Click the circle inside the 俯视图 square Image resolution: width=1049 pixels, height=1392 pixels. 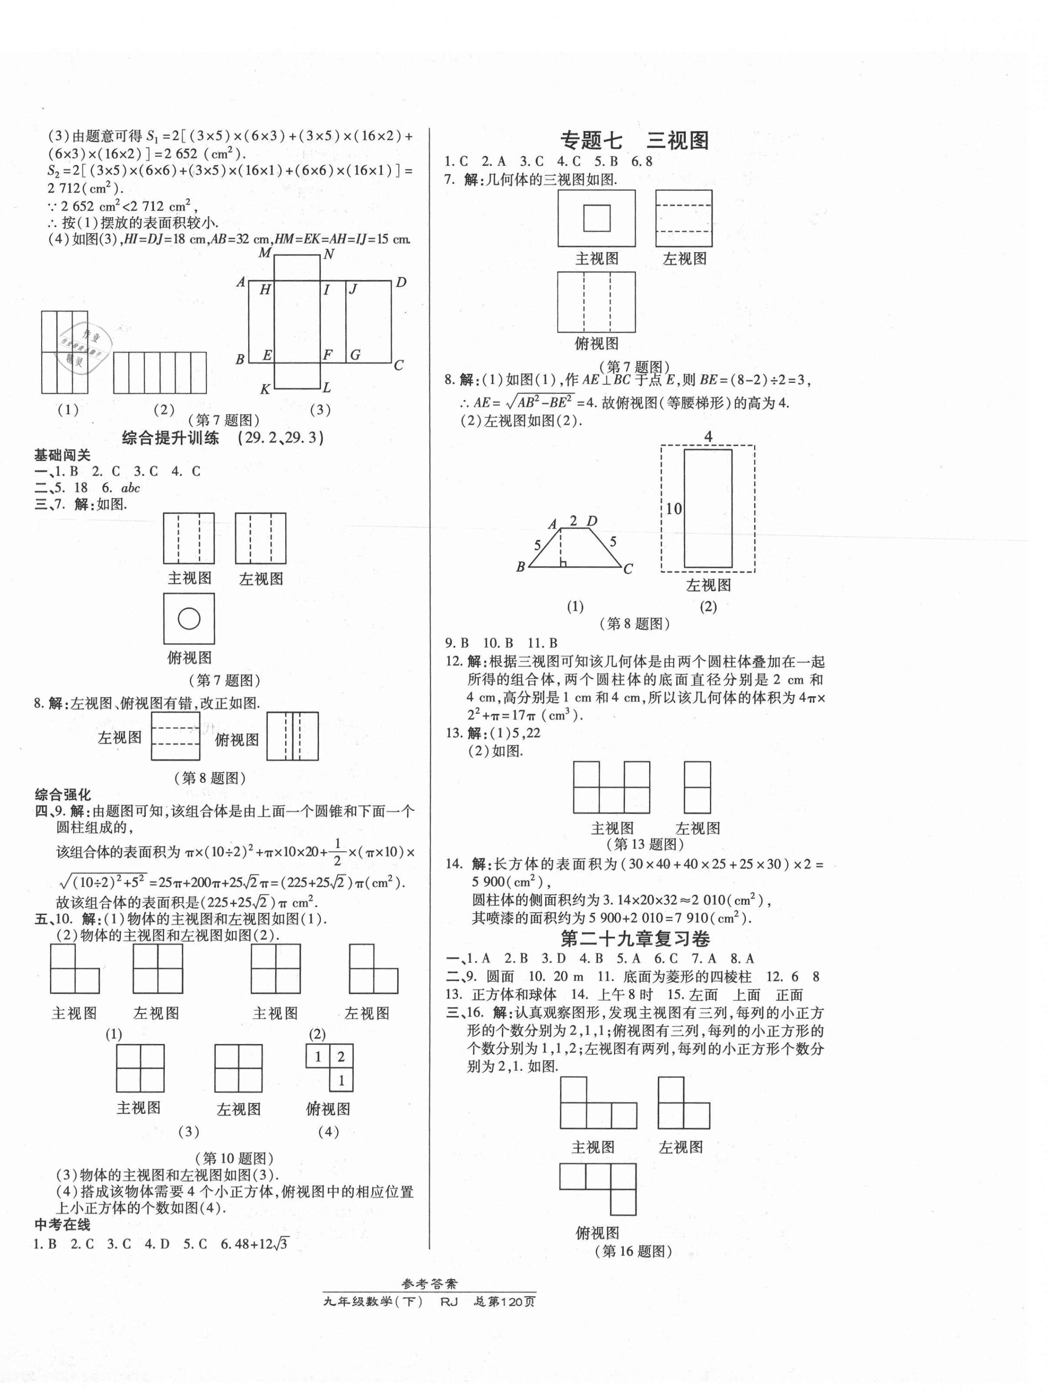click(189, 619)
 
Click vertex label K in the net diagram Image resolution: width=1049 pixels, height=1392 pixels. click(265, 390)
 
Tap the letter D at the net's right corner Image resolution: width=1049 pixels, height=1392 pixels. click(401, 283)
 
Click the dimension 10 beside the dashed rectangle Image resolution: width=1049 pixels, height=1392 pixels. click(674, 508)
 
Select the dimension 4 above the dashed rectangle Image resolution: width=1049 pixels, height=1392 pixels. click(708, 436)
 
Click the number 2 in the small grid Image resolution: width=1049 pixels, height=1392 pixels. click(341, 1056)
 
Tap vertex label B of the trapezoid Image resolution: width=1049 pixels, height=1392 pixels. click(521, 567)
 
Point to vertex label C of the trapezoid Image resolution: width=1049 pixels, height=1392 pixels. click(628, 569)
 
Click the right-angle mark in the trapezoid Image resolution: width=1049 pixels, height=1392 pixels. click(563, 563)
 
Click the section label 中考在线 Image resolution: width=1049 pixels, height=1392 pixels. click(62, 1224)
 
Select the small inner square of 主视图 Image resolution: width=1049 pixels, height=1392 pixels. click(597, 218)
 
